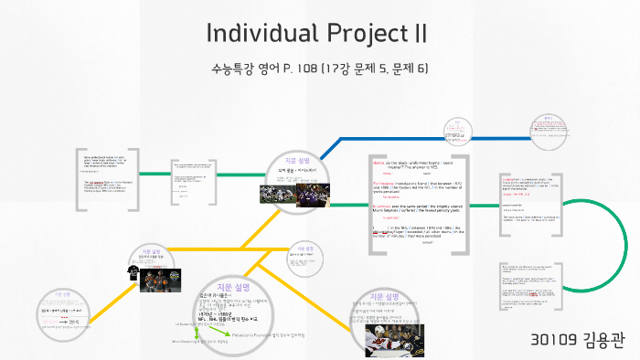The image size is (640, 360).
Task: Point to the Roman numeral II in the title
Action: pos(419,33)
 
